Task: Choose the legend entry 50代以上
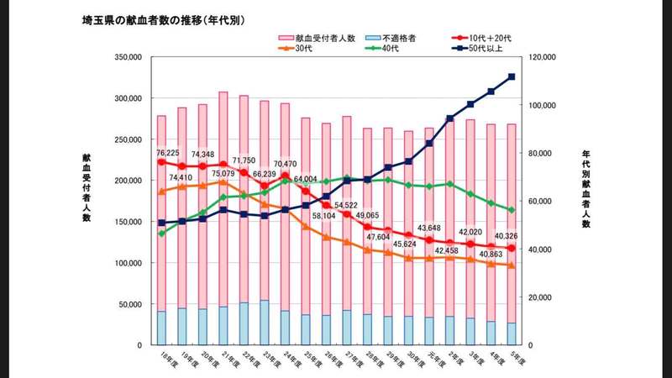(487, 49)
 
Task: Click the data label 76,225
(168, 153)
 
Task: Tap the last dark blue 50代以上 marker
(512, 77)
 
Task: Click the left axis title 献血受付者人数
(87, 188)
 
